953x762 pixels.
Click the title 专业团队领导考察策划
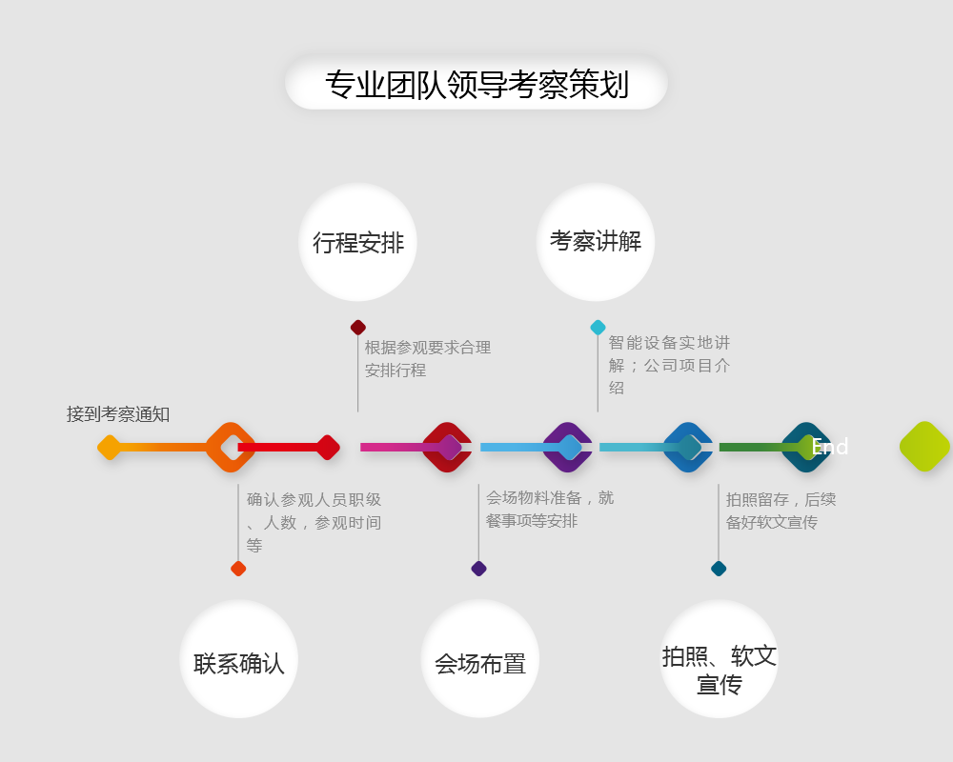tap(476, 84)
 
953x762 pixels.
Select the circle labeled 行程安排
tap(357, 242)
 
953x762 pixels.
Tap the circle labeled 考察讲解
tap(596, 241)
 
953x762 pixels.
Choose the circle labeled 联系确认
tap(238, 660)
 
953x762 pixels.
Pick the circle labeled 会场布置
tap(479, 660)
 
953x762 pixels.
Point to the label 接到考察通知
tap(118, 414)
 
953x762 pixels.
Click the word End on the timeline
tap(830, 447)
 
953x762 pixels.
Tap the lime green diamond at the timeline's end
tap(924, 447)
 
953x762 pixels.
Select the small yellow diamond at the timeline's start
tap(110, 447)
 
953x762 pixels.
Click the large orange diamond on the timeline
tap(231, 447)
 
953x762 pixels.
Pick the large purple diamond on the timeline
tap(568, 447)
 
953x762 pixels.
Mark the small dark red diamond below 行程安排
tap(358, 328)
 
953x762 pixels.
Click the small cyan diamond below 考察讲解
tap(598, 328)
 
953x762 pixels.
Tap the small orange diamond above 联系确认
tap(238, 569)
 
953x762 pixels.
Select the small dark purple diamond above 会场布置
tap(478, 569)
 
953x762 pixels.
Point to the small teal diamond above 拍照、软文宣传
tap(719, 569)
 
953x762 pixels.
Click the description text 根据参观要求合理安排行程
tap(427, 359)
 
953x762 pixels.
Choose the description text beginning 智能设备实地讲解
tap(669, 365)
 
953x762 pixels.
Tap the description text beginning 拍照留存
tap(780, 511)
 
